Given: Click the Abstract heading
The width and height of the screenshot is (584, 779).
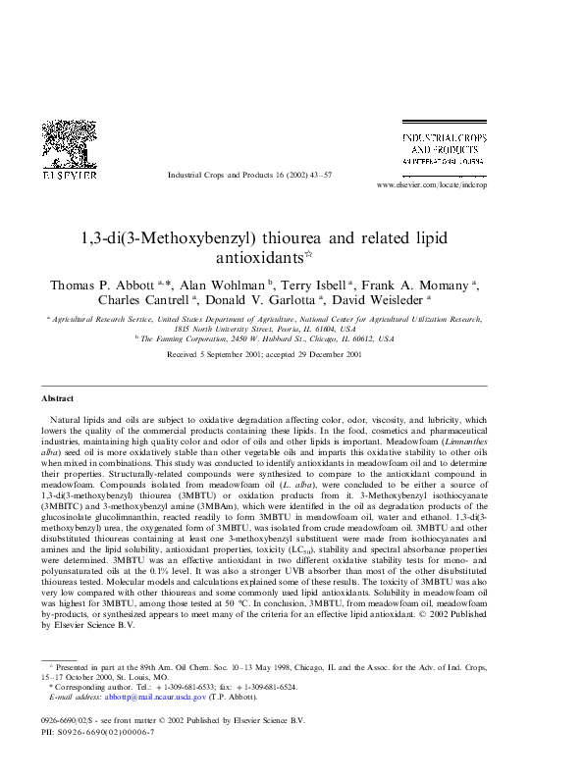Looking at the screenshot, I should pyautogui.click(x=58, y=398).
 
